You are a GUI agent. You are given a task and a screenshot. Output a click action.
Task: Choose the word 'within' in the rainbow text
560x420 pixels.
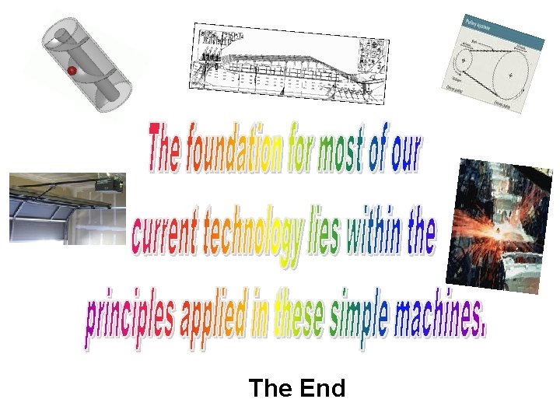pos(377,232)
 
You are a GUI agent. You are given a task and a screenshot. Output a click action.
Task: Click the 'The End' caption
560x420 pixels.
pos(297,388)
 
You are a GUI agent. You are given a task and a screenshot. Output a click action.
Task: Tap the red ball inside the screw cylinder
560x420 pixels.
pos(70,71)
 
